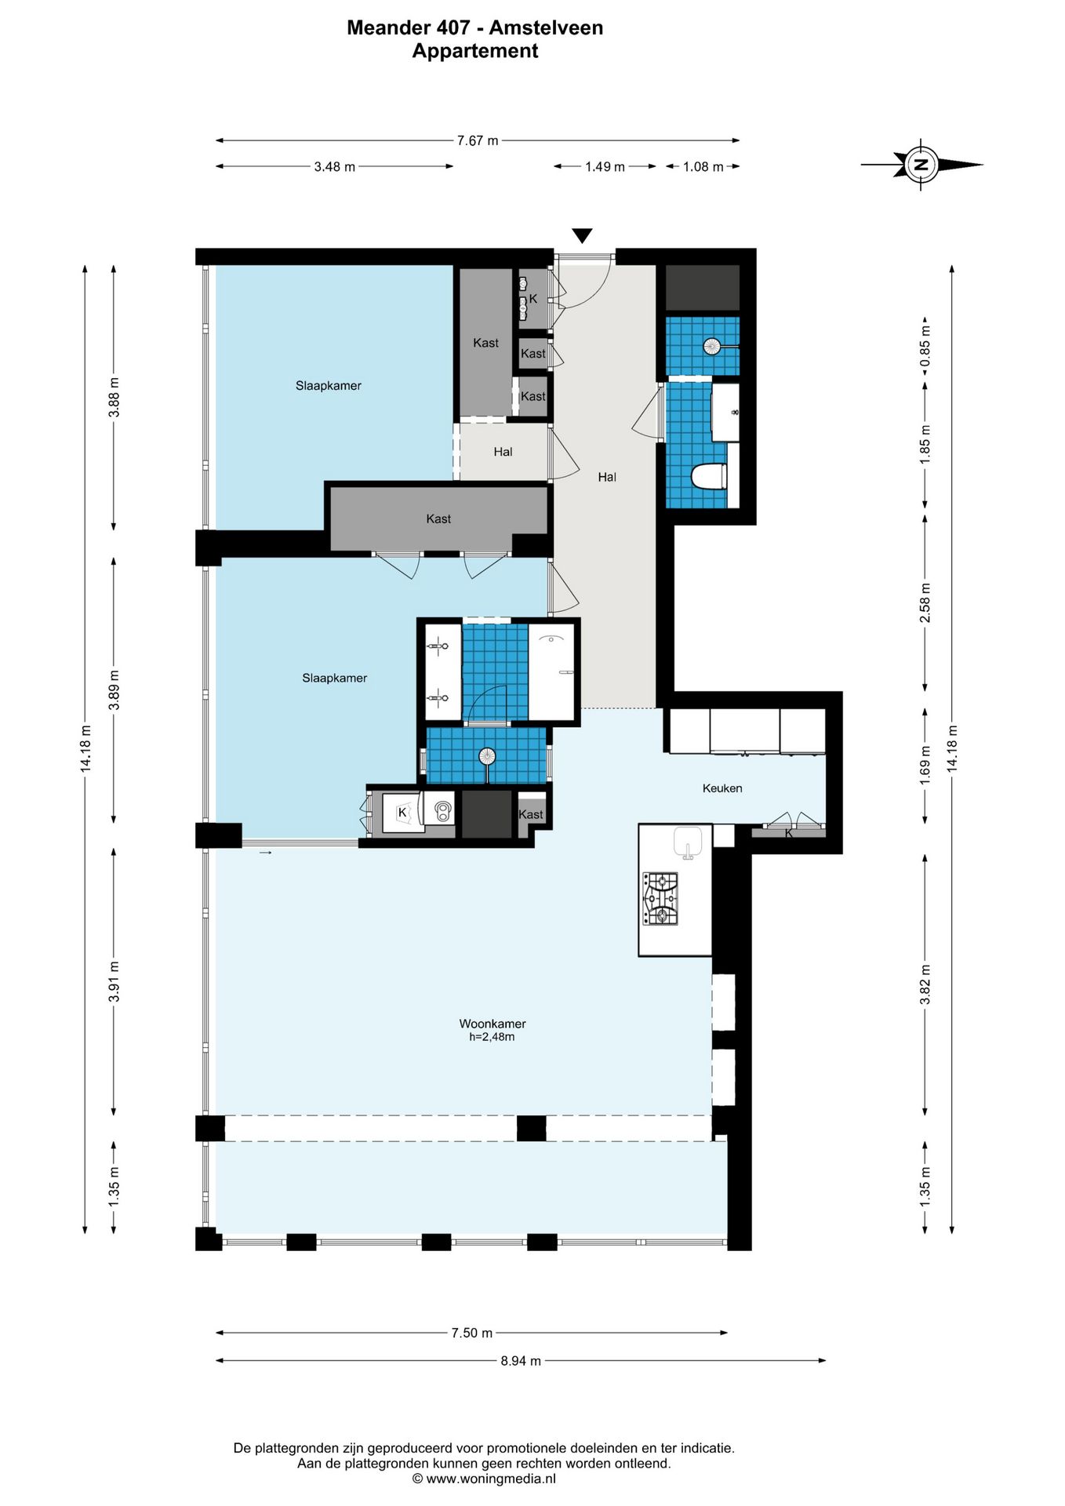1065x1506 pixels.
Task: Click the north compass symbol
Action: (x=921, y=165)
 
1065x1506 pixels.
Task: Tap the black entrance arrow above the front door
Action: (x=582, y=235)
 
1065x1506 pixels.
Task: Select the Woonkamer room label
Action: (x=493, y=1024)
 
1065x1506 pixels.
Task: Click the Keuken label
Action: (x=722, y=788)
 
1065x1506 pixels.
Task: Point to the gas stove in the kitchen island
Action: (x=660, y=898)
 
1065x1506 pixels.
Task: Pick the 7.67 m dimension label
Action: (x=478, y=140)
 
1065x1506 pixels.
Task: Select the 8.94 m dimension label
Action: (x=521, y=1361)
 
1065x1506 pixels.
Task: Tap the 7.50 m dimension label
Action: (x=472, y=1333)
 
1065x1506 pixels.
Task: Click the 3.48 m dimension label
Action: (x=335, y=166)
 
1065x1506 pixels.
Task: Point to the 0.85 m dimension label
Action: (x=925, y=347)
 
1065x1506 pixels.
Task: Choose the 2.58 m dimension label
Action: (x=925, y=603)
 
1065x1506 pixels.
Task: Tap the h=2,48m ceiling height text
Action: (x=493, y=1037)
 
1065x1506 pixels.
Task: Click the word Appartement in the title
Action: (x=475, y=52)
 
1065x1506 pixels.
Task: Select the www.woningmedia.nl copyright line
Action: (x=484, y=1479)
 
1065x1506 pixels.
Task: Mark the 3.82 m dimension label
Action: (x=925, y=984)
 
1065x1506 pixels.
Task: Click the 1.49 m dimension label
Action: (x=605, y=166)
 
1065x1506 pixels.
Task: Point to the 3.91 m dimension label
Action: (x=114, y=981)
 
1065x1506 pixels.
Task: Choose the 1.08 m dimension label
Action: (x=703, y=166)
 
